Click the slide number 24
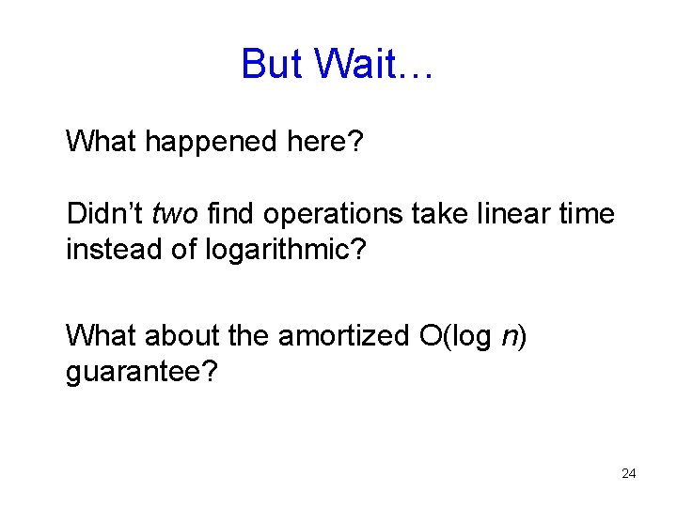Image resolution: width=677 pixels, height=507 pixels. pyautogui.click(x=629, y=474)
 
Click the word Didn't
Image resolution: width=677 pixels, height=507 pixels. pyautogui.click(x=104, y=214)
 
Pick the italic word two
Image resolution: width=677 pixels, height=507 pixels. pyautogui.click(x=173, y=215)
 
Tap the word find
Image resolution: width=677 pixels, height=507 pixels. pyautogui.click(x=228, y=214)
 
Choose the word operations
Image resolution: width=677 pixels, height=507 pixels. pyautogui.click(x=335, y=215)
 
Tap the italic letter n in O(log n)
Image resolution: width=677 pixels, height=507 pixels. pyautogui.click(x=508, y=336)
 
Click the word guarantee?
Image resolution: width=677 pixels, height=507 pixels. pyautogui.click(x=142, y=373)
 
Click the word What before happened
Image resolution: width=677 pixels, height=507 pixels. pyautogui.click(x=102, y=142)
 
